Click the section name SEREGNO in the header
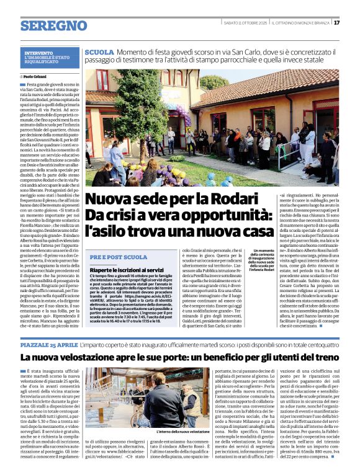[53, 26]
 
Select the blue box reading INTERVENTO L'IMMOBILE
[50, 57]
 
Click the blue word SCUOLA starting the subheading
[99, 54]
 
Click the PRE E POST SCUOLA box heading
[119, 257]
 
